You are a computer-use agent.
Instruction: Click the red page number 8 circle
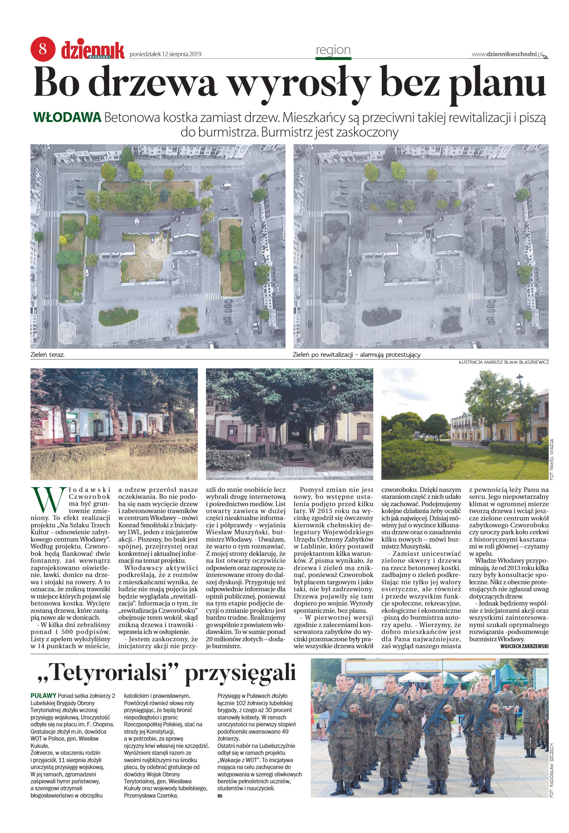click(x=42, y=49)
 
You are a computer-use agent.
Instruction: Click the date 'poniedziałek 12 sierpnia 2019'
click(x=166, y=54)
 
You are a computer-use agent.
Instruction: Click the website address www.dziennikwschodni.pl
click(x=507, y=54)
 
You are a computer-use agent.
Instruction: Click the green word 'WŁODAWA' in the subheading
click(x=67, y=118)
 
